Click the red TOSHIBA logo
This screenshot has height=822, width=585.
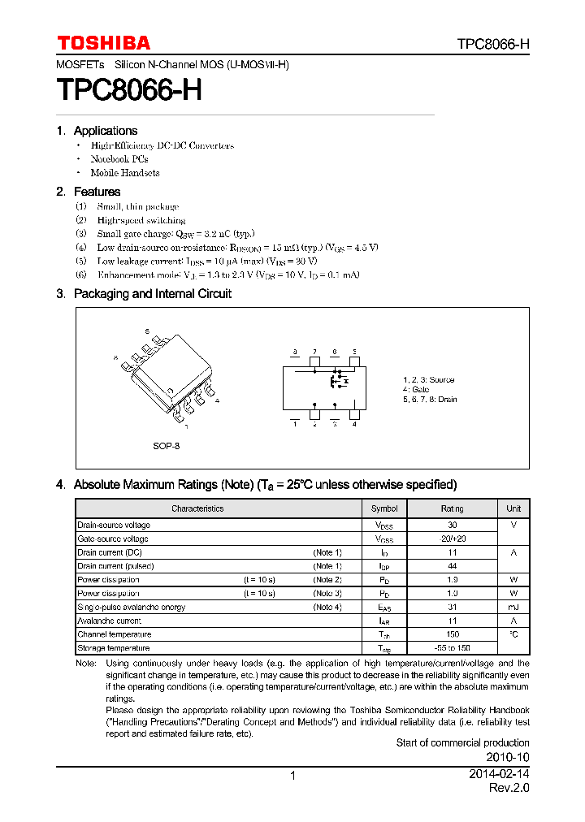(x=103, y=43)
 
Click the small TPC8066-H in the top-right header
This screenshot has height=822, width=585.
(x=492, y=45)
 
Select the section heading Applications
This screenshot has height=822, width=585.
(x=105, y=131)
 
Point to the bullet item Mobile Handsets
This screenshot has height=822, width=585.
(x=124, y=173)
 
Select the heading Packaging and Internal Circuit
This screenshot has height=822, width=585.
(x=152, y=294)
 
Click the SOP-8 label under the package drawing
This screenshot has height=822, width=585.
(x=166, y=446)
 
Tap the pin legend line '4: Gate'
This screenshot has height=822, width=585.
(x=416, y=390)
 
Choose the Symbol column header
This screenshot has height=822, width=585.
(x=384, y=508)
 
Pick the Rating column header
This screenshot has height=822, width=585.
(x=453, y=508)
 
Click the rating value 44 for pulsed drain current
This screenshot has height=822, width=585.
(x=453, y=566)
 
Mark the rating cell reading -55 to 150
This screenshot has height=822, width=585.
(x=453, y=648)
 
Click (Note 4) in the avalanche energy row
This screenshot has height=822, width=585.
(x=327, y=608)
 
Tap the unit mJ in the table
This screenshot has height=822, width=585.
(x=513, y=608)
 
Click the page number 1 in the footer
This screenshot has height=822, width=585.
(x=292, y=776)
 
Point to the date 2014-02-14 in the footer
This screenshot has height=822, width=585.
(x=499, y=775)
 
